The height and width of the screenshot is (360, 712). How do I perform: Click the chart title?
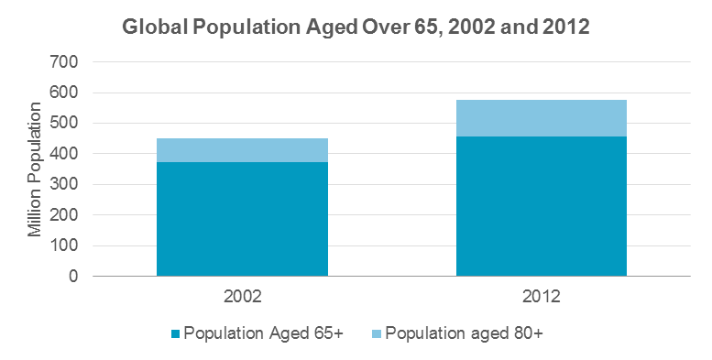pyautogui.click(x=356, y=27)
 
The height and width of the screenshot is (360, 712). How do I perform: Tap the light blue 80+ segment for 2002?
pyautogui.click(x=242, y=150)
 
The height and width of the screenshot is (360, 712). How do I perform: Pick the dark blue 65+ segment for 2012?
pyautogui.click(x=541, y=206)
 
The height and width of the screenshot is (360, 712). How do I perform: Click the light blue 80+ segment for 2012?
pyautogui.click(x=541, y=118)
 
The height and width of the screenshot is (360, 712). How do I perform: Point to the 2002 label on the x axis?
pyautogui.click(x=242, y=298)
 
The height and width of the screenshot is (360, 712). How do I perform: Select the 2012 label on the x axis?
pyautogui.click(x=541, y=298)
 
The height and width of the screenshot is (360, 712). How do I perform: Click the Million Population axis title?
pyautogui.click(x=35, y=169)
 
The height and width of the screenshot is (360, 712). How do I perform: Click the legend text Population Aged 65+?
pyautogui.click(x=263, y=333)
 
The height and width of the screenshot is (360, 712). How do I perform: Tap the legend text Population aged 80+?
pyautogui.click(x=465, y=333)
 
